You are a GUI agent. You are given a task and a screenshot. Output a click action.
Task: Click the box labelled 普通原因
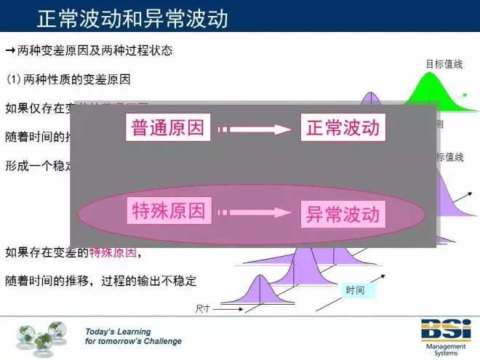pos(169,129)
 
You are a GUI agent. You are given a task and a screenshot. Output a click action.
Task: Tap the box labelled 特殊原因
pos(169,212)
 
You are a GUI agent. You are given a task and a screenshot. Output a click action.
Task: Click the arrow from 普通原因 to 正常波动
pos(255,129)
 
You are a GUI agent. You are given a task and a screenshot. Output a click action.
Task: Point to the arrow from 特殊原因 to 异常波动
pos(255,213)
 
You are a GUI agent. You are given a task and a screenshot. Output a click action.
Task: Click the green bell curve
pos(430,95)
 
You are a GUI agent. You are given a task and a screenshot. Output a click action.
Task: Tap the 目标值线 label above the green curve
pos(444,64)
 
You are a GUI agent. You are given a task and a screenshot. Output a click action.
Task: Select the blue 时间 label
pos(356,291)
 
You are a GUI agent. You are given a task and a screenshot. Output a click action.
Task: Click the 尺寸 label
pos(203,309)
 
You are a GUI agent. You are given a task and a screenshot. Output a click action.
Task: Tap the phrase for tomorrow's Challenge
pos(133,341)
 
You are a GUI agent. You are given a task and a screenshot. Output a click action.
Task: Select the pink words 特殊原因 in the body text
pos(112,253)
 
